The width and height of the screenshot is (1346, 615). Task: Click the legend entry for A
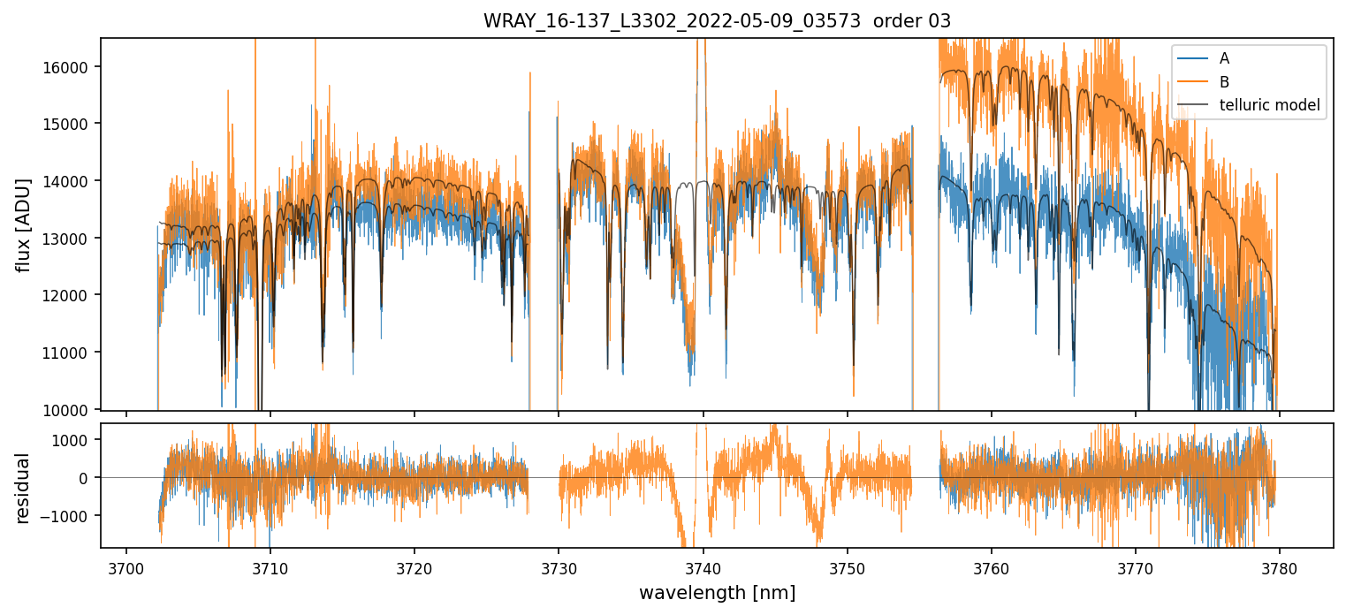tap(1224, 58)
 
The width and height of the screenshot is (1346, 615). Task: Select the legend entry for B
tap(1224, 82)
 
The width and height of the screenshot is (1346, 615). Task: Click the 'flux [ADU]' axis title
tap(24, 224)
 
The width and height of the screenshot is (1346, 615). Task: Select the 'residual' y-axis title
tap(24, 488)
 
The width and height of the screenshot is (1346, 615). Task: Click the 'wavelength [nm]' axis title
tap(717, 592)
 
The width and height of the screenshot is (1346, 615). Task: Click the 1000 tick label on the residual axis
tap(78, 440)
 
